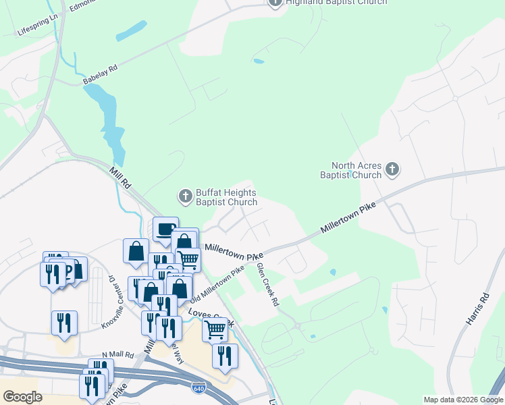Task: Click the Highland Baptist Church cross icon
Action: click(275, 2)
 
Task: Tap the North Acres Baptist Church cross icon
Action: click(393, 170)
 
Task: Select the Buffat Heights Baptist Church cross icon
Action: click(185, 196)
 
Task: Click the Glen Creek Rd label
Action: click(267, 285)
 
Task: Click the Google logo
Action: click(22, 396)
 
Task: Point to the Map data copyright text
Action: click(463, 400)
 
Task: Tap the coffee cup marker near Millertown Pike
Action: click(165, 230)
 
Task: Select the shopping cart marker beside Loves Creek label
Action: click(215, 329)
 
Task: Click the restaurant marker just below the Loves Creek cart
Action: click(225, 355)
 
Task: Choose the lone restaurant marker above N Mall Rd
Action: click(64, 322)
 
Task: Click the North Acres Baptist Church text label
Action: click(356, 171)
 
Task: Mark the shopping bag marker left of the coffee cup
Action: click(136, 250)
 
